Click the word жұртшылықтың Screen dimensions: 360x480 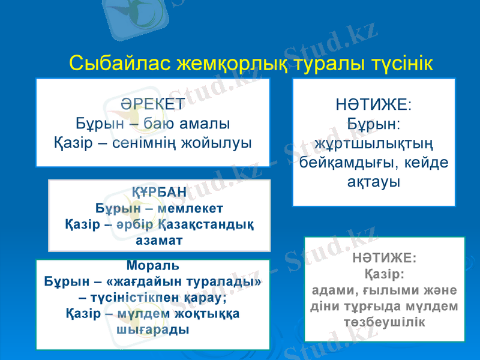(x=373, y=144)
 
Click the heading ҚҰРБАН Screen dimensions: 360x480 (x=158, y=193)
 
